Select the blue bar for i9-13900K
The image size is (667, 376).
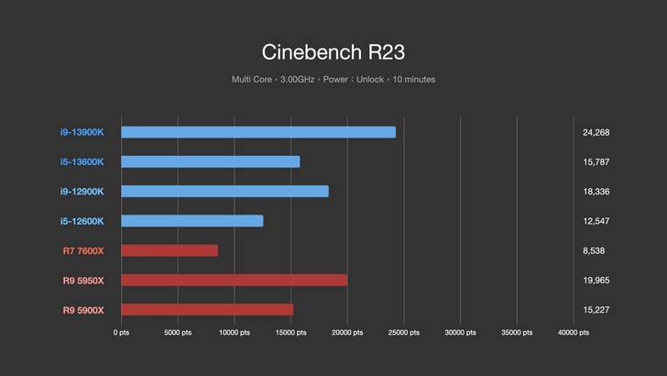258,132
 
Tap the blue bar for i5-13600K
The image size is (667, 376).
211,161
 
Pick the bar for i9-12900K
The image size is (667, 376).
224,191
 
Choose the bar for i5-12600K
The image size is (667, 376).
192,221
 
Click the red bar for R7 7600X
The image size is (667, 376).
169,250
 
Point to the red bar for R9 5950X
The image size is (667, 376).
234,280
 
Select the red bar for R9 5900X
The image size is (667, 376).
207,309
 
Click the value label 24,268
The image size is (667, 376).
596,132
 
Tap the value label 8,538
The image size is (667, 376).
593,250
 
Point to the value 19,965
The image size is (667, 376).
596,280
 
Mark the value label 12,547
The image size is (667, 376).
596,221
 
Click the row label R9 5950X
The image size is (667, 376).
82,280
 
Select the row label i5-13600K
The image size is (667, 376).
82,161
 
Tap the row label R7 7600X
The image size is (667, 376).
82,250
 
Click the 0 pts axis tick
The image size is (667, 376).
122,333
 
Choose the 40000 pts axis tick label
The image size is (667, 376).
573,333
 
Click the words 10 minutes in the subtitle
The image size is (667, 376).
414,80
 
